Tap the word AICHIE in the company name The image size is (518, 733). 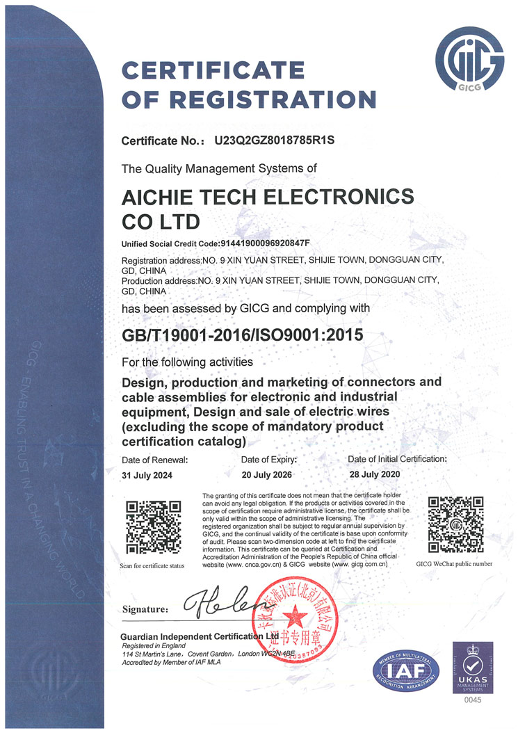tap(163, 198)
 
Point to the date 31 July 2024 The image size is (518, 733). tap(148, 475)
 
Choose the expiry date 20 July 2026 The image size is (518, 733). tap(267, 475)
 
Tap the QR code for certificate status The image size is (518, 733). tap(151, 527)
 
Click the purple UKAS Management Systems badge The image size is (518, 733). tap(473, 667)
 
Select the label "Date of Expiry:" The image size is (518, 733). tap(269, 460)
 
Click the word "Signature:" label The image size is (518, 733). tap(145, 609)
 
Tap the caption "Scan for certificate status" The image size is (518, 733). tap(152, 565)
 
